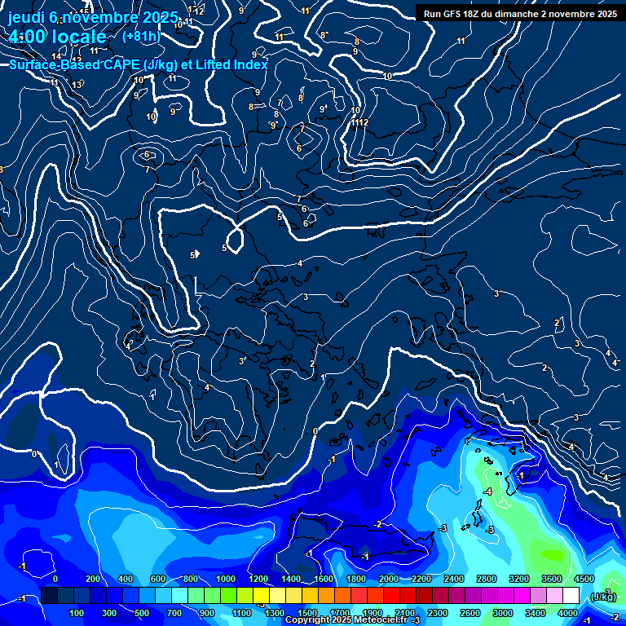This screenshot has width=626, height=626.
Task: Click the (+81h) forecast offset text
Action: tap(140, 36)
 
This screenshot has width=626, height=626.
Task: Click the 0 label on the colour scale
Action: tap(55, 579)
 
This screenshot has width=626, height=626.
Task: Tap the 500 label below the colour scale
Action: tap(142, 613)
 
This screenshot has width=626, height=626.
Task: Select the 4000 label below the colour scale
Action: tap(567, 613)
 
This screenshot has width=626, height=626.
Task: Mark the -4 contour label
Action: tap(487, 492)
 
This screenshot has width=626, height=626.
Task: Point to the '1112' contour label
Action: tap(359, 122)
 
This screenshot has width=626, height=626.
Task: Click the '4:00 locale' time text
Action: tap(58, 37)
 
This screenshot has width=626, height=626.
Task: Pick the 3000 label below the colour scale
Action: tap(502, 613)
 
